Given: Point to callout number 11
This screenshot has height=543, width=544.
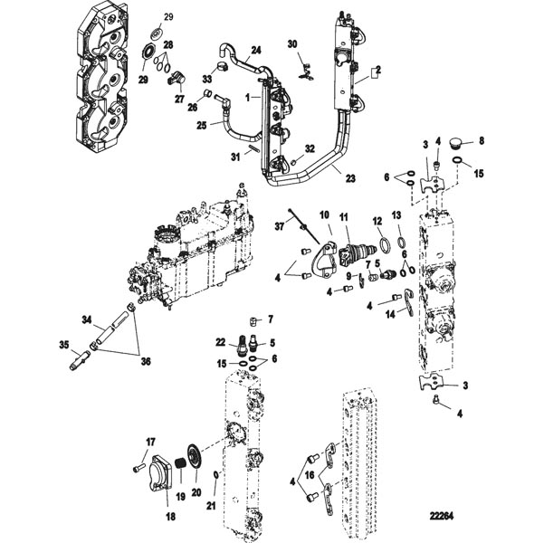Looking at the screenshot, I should (x=343, y=217).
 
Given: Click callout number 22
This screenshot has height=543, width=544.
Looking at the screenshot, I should (x=220, y=341).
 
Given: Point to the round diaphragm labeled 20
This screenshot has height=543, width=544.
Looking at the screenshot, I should (x=193, y=456).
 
